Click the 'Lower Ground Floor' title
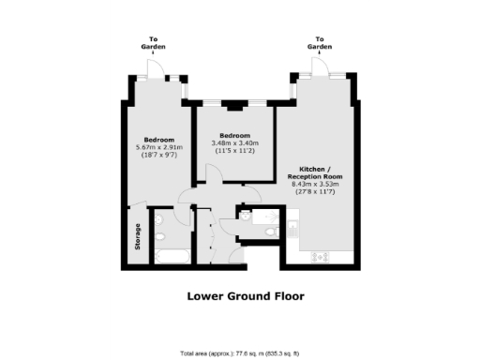(x=240, y=296)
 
